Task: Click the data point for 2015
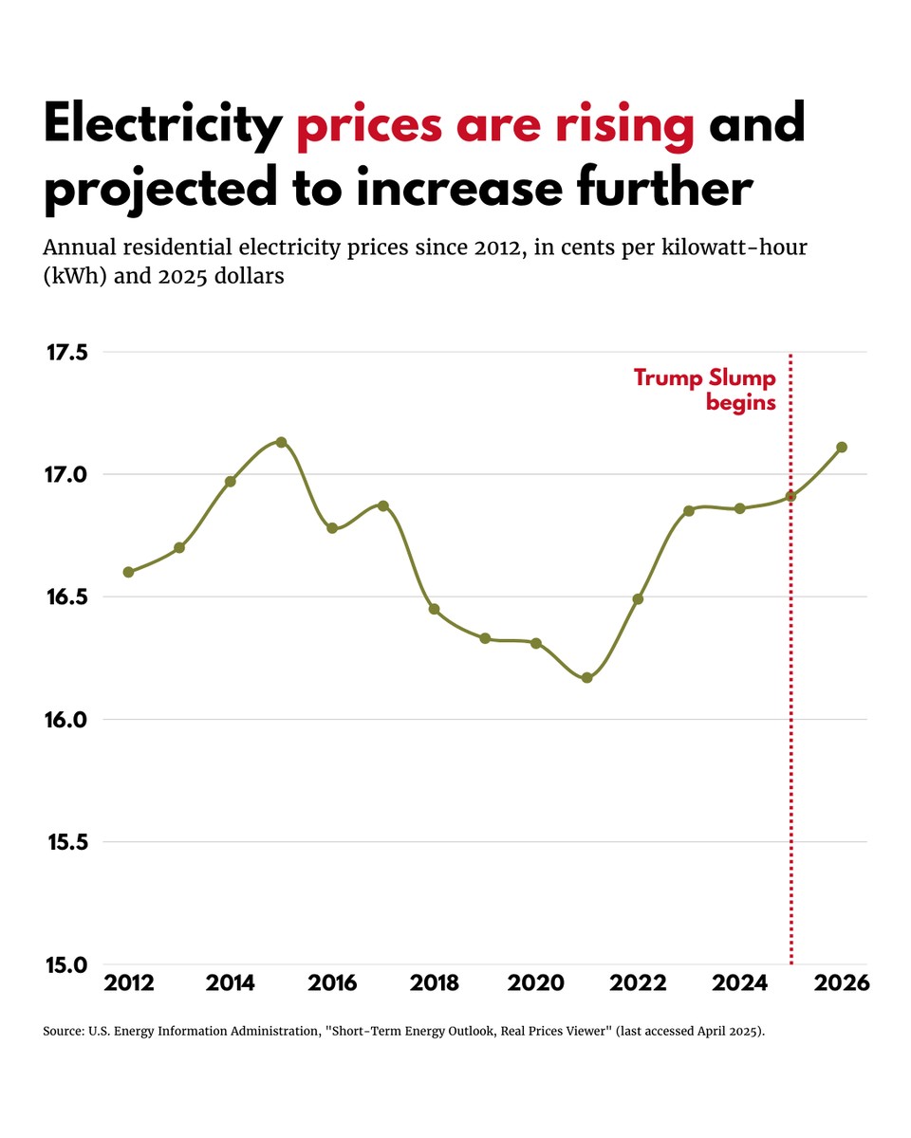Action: pos(281,442)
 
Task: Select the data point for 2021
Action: pos(586,677)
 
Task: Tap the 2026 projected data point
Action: pos(841,447)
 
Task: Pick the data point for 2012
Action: pos(128,572)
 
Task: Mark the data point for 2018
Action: pos(434,609)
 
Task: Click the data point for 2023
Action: pos(688,510)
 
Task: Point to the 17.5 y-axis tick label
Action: pos(66,353)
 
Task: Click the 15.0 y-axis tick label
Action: pos(66,965)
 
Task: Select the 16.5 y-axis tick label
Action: pos(66,597)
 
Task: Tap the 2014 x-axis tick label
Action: pos(230,983)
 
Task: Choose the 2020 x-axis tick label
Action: pos(535,983)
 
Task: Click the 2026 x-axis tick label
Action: pos(841,983)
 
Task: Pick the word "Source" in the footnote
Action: pos(63,1031)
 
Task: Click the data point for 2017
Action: pos(383,505)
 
